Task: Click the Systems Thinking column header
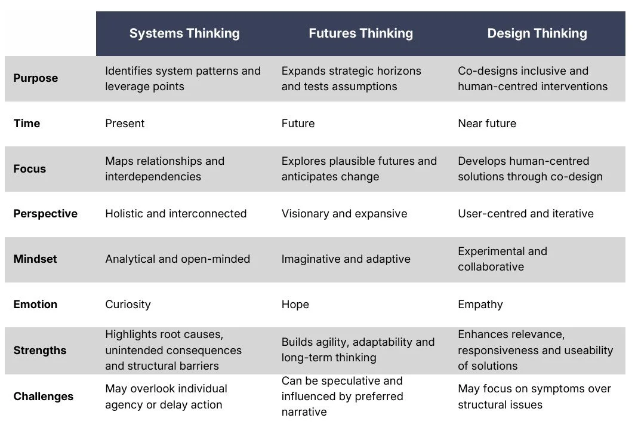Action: click(184, 33)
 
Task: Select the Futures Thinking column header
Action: click(360, 33)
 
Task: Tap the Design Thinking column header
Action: click(537, 33)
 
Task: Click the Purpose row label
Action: click(36, 78)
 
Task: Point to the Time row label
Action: click(27, 124)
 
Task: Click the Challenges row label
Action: click(44, 397)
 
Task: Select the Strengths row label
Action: click(40, 351)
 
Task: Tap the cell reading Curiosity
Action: click(128, 305)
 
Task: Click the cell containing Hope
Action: click(295, 305)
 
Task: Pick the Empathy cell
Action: click(480, 305)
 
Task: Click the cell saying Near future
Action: click(487, 124)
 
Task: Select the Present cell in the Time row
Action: click(125, 124)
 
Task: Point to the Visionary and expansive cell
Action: click(344, 214)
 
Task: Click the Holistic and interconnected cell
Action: click(176, 214)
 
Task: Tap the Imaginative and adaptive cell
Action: click(346, 259)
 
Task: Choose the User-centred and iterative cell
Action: click(526, 214)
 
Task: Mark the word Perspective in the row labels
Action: click(45, 214)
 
